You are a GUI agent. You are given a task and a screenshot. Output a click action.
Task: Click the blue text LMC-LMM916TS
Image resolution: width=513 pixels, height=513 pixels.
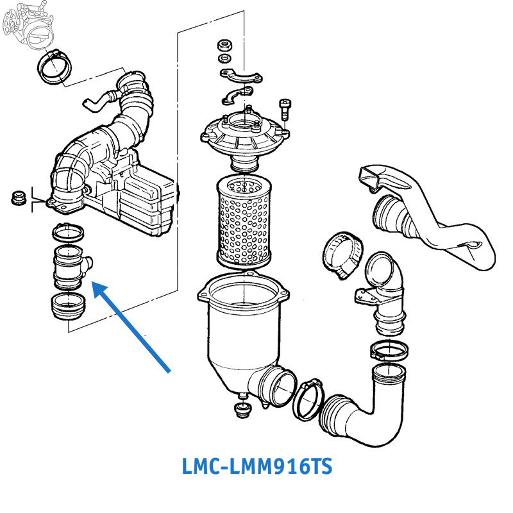[257, 466]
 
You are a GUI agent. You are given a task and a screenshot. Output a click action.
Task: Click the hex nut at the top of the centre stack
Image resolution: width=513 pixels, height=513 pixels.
[225, 46]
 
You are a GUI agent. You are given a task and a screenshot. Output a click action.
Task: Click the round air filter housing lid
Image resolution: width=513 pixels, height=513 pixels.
[244, 131]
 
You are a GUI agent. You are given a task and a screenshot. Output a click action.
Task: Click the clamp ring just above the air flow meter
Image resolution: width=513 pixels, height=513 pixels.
[67, 230]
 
